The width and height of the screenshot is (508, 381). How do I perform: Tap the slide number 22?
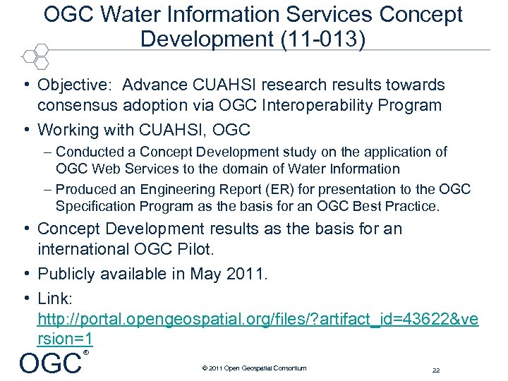point(435,370)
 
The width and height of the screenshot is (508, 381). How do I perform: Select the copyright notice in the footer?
point(254,368)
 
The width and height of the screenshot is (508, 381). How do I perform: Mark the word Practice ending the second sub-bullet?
point(414,207)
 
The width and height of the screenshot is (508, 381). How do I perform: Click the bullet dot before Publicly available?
point(25,274)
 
